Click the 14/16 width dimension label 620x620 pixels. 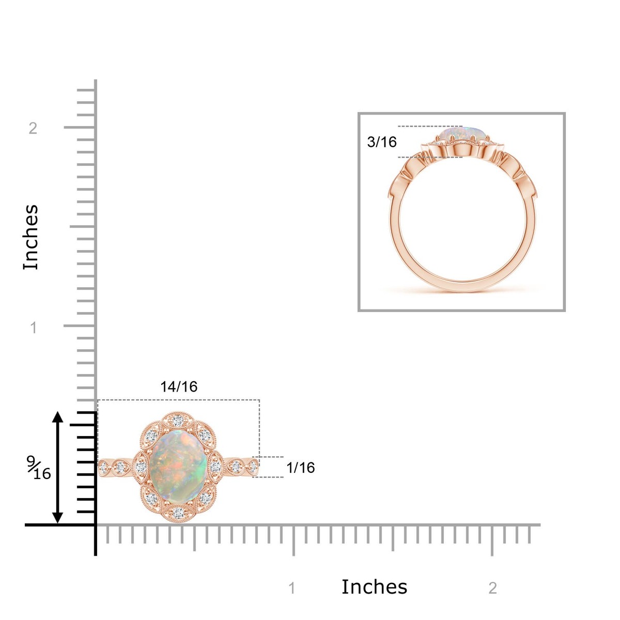point(179,386)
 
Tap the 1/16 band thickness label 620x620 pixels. point(300,468)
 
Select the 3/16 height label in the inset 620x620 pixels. point(382,142)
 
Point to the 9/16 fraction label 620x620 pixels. point(39,468)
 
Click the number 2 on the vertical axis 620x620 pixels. point(33,128)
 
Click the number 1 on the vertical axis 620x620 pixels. point(34,328)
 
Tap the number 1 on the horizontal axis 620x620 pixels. point(292,588)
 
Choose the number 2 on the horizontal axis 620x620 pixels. point(492,588)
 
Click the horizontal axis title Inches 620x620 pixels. point(374,586)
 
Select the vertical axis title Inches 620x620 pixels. point(31,237)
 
